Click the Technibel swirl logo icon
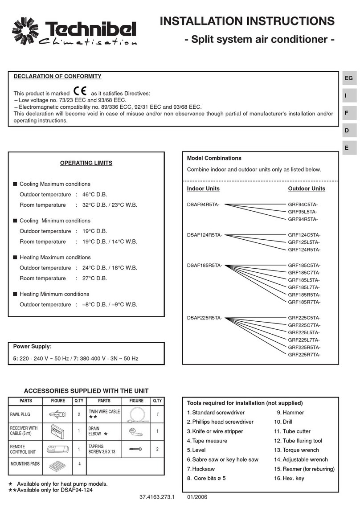click(x=28, y=31)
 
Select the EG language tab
click(x=348, y=78)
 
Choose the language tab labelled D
click(x=347, y=131)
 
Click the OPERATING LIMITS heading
click(x=86, y=163)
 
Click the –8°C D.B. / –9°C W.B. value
click(x=110, y=305)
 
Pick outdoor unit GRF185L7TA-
click(x=304, y=287)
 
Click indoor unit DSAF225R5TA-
click(x=205, y=318)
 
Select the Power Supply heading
click(x=32, y=346)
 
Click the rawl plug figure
click(x=58, y=414)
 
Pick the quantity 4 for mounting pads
click(x=79, y=464)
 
